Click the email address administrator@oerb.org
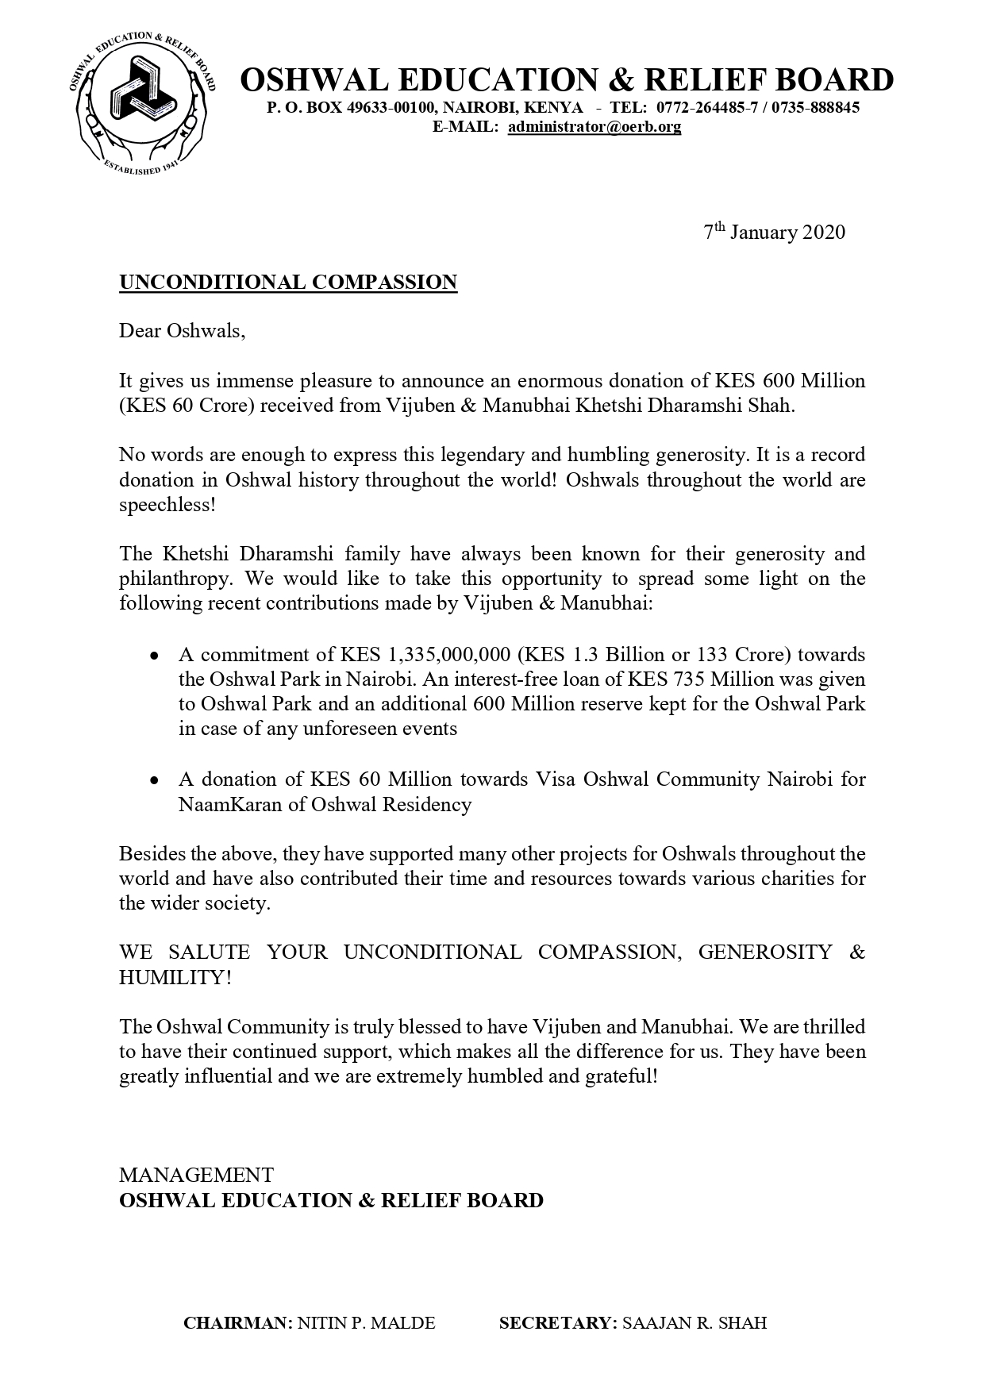point(594,126)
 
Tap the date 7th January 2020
point(775,232)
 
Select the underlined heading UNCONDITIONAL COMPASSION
point(288,282)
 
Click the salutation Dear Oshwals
point(183,331)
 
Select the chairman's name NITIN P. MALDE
point(366,1323)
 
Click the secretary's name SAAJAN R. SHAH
point(695,1323)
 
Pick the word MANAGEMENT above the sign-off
point(196,1175)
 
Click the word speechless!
point(167,505)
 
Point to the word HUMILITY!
point(175,977)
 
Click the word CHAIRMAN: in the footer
point(238,1323)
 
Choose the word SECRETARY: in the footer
point(558,1323)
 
